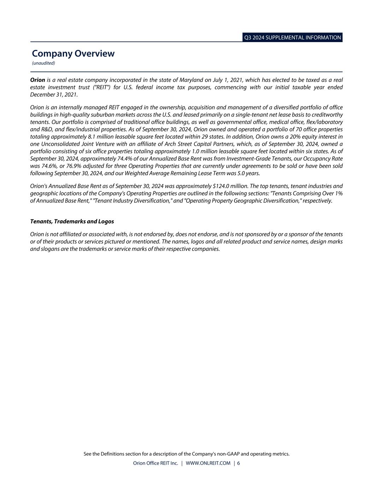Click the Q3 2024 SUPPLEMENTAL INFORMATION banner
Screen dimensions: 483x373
point(292,38)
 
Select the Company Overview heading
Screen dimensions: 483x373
point(73,53)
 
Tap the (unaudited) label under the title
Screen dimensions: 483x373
point(43,63)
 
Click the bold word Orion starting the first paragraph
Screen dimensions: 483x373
point(37,80)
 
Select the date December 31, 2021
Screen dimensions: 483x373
point(53,95)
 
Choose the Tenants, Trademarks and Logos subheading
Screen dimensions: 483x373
point(72,222)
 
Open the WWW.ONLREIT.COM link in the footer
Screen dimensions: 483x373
point(208,463)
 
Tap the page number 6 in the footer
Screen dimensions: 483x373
point(239,463)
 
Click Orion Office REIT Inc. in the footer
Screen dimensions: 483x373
point(155,463)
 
